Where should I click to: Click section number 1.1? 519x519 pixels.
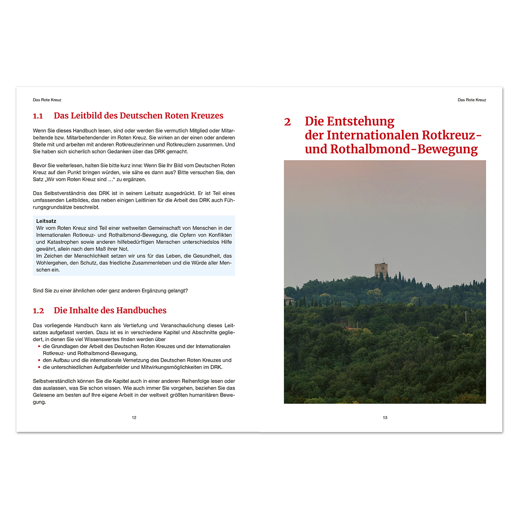point(38,116)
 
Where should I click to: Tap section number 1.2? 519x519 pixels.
point(38,311)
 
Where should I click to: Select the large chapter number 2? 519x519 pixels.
point(288,122)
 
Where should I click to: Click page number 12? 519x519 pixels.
point(134,418)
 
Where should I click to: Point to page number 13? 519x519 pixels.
point(385,418)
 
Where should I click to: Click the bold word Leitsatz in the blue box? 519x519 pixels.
point(46,221)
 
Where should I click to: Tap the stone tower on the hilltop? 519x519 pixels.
point(381,269)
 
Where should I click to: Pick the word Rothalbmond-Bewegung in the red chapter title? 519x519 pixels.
point(404,149)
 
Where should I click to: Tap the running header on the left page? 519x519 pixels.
point(47,100)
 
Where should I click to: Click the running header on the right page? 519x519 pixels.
point(472,100)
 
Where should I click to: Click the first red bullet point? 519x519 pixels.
point(39,346)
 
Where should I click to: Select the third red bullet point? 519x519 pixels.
point(39,367)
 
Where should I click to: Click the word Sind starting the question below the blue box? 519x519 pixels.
point(38,291)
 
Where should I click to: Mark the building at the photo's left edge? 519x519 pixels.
point(288,299)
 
